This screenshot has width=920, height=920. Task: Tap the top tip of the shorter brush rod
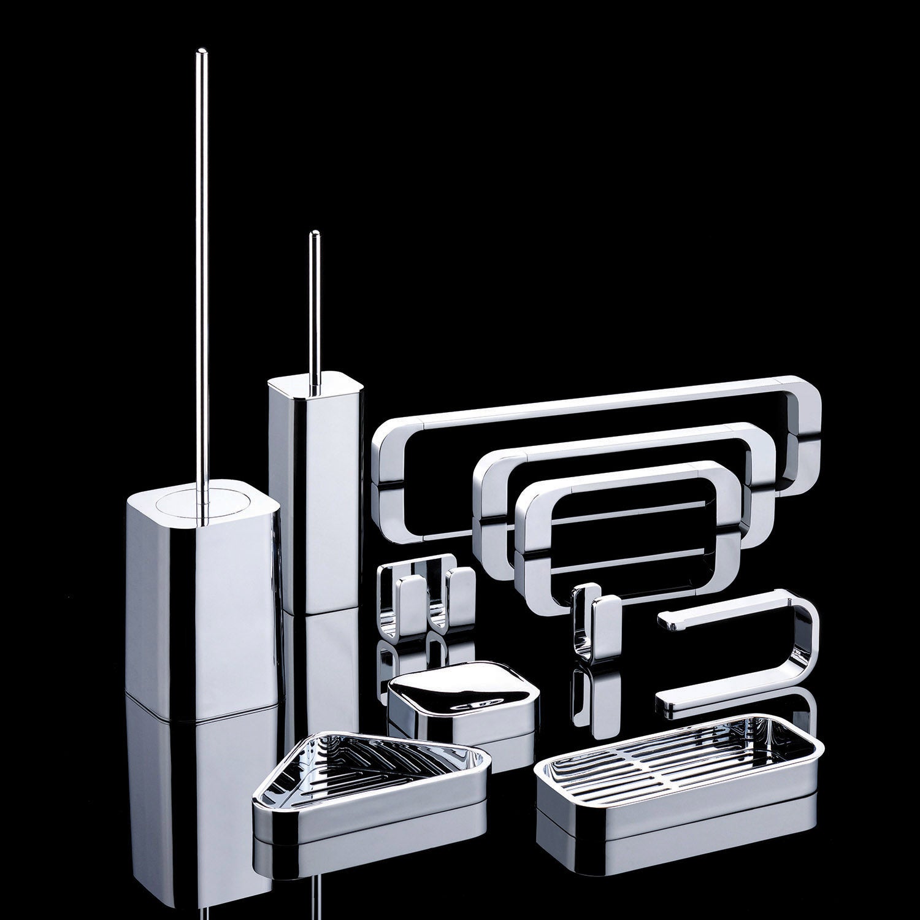pyautogui.click(x=315, y=234)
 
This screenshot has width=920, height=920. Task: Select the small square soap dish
pyautogui.click(x=463, y=702)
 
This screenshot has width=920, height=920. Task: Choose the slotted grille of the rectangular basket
pyautogui.click(x=675, y=761)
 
